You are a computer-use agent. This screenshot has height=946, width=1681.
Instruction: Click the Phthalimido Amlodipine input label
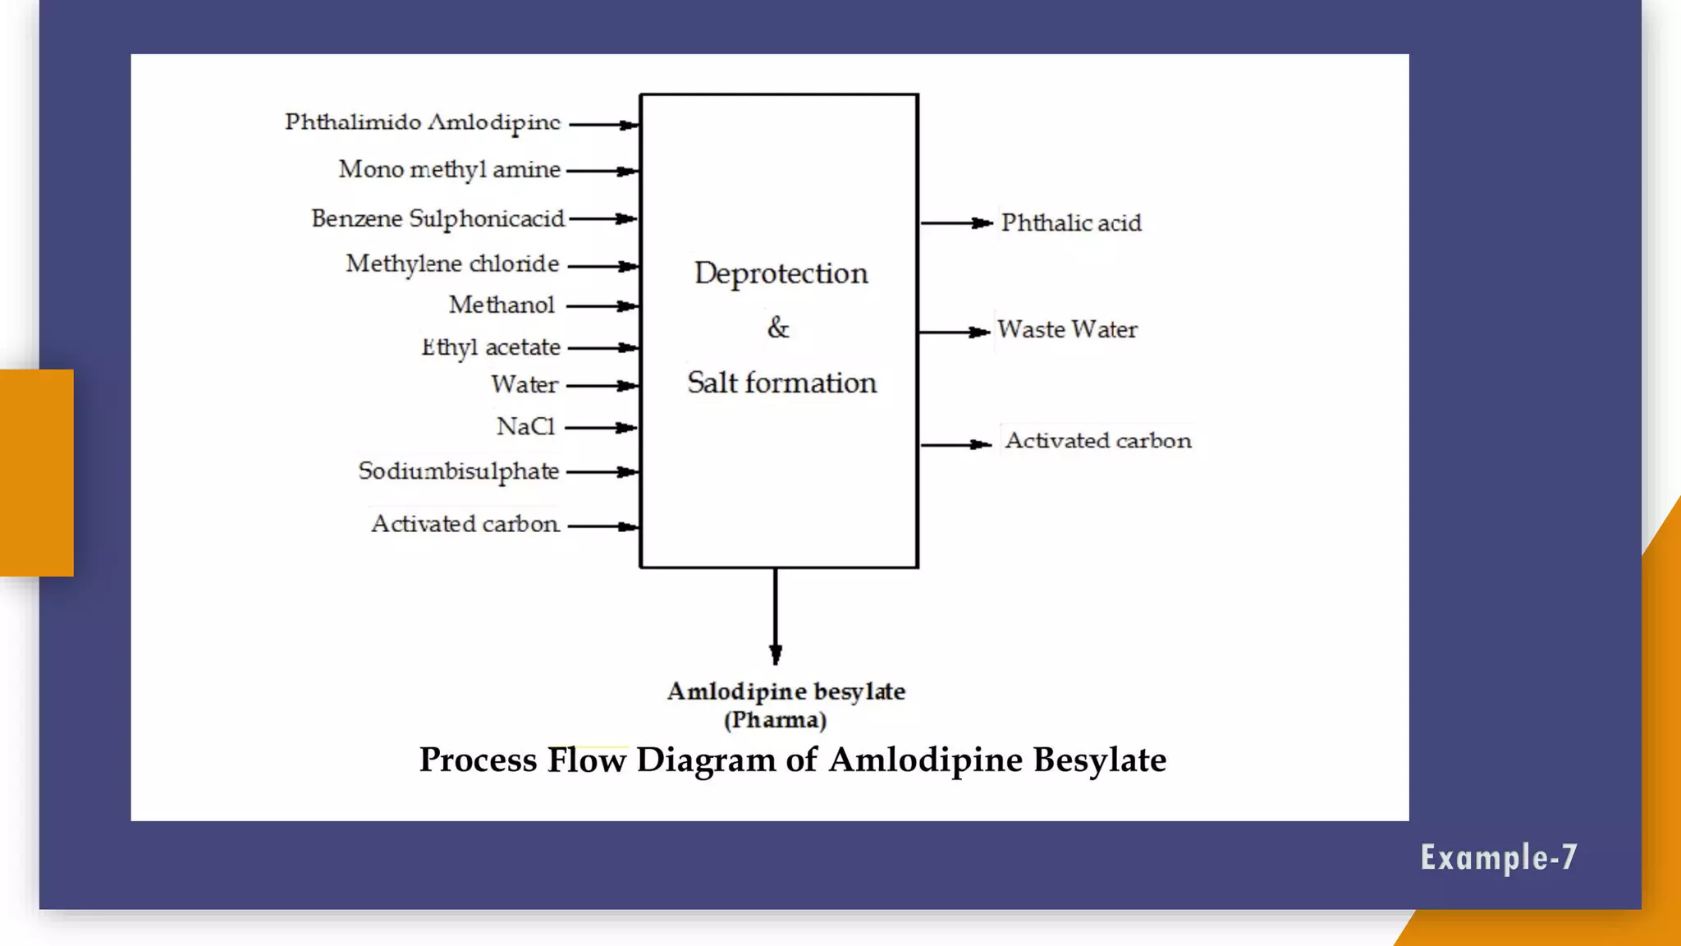tap(423, 123)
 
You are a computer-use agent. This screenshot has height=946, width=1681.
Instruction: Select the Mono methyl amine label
tap(449, 170)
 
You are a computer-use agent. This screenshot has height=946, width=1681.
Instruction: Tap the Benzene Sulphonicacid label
tap(437, 218)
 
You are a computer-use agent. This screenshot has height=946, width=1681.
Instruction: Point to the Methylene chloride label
tap(452, 264)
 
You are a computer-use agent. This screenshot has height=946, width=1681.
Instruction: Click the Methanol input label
tap(502, 305)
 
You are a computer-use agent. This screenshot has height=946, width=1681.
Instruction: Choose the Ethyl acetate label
tap(491, 347)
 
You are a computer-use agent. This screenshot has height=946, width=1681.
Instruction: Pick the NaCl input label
tap(525, 427)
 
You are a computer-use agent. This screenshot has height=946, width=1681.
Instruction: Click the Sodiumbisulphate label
tap(458, 471)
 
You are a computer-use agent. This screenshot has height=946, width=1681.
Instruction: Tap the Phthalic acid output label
tap(1070, 223)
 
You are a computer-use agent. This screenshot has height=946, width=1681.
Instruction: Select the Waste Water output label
tap(1066, 330)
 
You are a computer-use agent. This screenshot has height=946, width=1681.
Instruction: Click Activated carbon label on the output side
tap(1097, 441)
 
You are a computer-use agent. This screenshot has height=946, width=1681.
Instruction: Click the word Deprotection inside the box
tap(781, 273)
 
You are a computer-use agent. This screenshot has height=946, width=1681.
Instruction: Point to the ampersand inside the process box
tap(778, 328)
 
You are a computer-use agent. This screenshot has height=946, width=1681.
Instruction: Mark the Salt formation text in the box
tap(781, 383)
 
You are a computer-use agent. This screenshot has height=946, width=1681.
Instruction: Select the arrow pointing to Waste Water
tap(954, 332)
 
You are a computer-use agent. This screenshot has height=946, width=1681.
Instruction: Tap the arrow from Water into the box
tap(602, 385)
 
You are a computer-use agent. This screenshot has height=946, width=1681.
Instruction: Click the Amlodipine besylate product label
tap(786, 692)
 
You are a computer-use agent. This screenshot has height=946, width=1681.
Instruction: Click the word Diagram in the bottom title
tap(705, 760)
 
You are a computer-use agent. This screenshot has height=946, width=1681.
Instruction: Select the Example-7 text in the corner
tap(1498, 857)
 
